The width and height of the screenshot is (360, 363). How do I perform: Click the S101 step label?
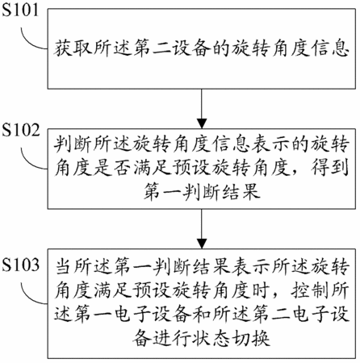(20, 10)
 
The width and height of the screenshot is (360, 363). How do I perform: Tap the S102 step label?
(21, 130)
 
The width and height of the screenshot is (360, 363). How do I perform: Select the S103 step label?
(21, 265)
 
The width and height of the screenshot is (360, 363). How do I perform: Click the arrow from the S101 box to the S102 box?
(202, 109)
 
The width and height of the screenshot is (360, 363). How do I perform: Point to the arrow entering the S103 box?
(202, 229)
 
